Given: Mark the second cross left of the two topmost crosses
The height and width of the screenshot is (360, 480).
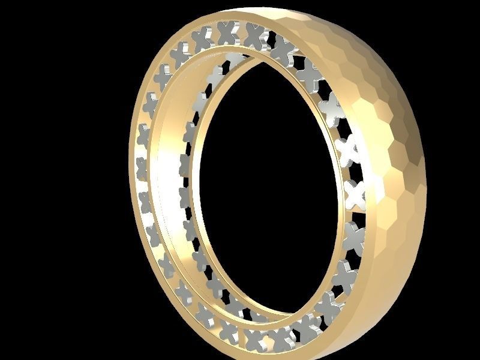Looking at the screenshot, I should point(181,54).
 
